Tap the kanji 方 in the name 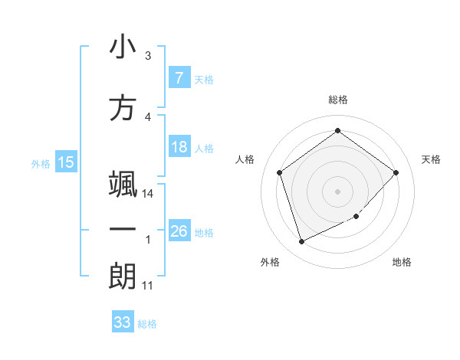pyautogui.click(x=123, y=108)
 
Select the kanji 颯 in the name pyautogui.click(x=123, y=186)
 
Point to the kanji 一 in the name pyautogui.click(x=123, y=231)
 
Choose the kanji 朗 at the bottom pyautogui.click(x=123, y=277)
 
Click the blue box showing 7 pyautogui.click(x=179, y=78)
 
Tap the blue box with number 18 pyautogui.click(x=179, y=148)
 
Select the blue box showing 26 pyautogui.click(x=179, y=231)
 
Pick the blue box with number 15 pyautogui.click(x=65, y=162)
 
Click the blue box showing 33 pyautogui.click(x=122, y=322)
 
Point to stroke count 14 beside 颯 pyautogui.click(x=149, y=194)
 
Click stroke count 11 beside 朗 pyautogui.click(x=149, y=286)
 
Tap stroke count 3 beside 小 pyautogui.click(x=148, y=56)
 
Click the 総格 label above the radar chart pyautogui.click(x=337, y=100)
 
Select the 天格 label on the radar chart pyautogui.click(x=432, y=159)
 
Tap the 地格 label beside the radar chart pyautogui.click(x=402, y=262)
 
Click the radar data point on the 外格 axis pyautogui.click(x=301, y=242)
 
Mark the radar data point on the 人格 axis pyautogui.click(x=279, y=172)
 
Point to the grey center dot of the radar pyautogui.click(x=337, y=191)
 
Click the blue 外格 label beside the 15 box pyautogui.click(x=40, y=163)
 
